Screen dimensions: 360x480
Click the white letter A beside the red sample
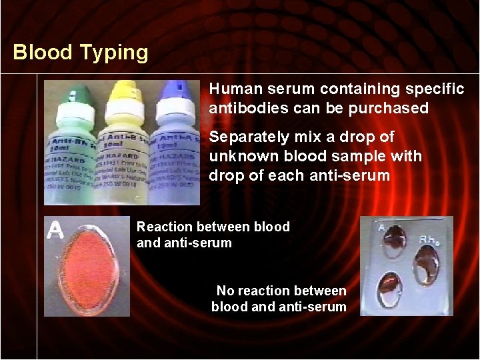coord(55,231)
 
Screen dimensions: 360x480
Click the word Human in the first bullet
coord(230,89)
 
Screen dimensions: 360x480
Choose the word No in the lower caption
coord(226,291)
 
